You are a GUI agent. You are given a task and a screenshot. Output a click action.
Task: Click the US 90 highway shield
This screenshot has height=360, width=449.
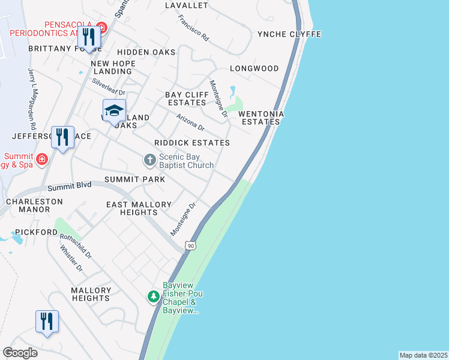coord(190,245)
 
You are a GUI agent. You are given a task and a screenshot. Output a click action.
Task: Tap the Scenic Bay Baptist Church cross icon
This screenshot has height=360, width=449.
coord(149,160)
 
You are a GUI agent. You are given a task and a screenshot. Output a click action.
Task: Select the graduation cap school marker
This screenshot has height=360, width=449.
coord(113,110)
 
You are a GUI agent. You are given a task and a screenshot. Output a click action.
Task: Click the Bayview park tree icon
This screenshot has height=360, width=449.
coord(154,296)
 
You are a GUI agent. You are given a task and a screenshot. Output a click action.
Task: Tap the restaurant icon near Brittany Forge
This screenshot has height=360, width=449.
coord(89,37)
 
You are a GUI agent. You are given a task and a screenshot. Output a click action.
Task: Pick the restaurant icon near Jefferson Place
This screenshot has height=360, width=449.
coord(62,137)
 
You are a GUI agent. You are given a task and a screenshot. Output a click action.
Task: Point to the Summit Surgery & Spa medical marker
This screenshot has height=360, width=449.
coord(41,160)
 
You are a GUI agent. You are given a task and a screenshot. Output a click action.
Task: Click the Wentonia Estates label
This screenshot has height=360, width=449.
coord(260,118)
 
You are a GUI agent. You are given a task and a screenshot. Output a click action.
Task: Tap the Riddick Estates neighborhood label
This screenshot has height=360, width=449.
coord(191,143)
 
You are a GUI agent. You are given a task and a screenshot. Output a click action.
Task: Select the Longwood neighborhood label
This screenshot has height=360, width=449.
coord(254,68)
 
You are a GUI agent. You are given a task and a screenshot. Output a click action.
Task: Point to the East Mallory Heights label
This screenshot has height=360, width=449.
coord(139,208)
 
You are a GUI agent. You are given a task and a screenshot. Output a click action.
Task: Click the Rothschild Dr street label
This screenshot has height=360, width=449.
coord(76,245)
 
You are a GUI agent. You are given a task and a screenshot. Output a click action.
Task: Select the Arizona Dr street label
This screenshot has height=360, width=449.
coord(191,123)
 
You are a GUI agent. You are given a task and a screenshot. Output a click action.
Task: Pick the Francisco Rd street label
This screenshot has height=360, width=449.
coord(193,28)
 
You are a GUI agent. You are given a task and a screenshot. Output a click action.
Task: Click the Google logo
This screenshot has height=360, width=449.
coord(20,353)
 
